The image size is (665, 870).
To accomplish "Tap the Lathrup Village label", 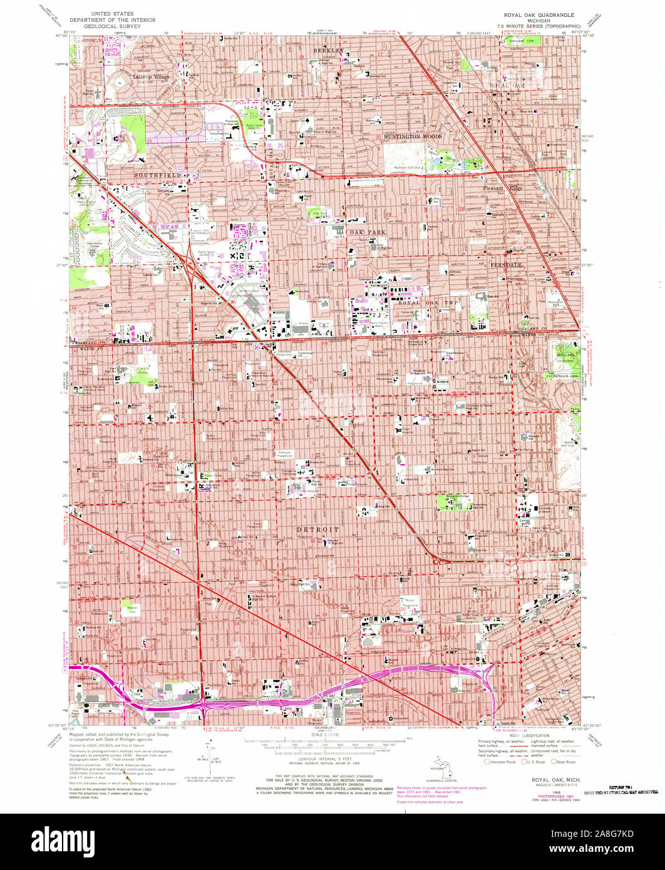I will (x=151, y=77).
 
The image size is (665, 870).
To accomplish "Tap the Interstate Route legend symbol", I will (x=488, y=762).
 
